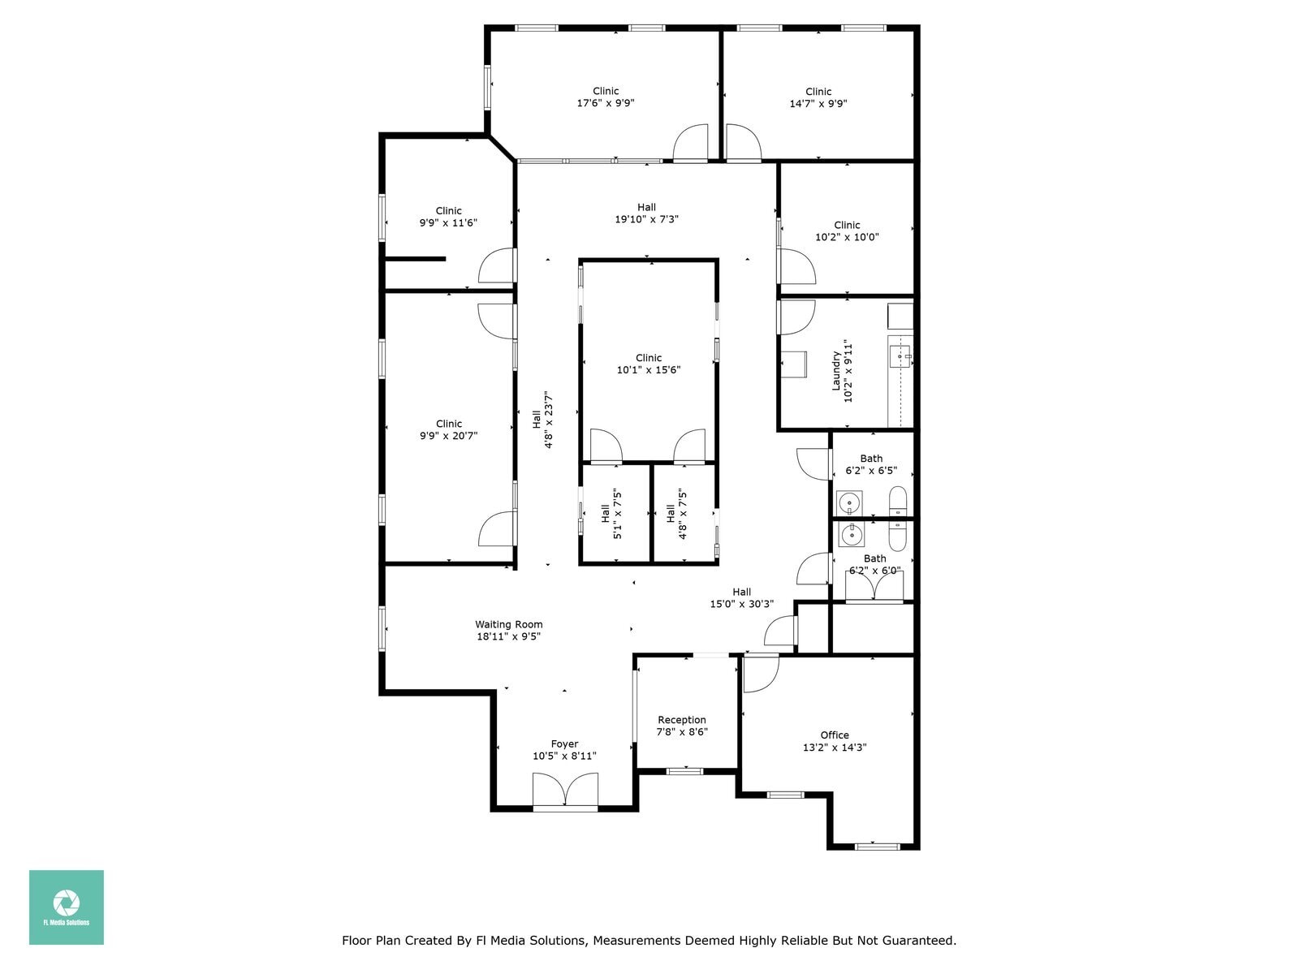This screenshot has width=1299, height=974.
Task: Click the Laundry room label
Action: [x=842, y=371]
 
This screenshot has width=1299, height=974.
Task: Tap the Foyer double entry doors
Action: [x=565, y=791]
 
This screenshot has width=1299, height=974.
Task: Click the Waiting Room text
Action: [x=509, y=625]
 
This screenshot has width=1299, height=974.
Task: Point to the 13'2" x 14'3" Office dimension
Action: [x=835, y=748]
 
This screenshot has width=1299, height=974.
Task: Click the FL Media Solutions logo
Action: [x=67, y=907]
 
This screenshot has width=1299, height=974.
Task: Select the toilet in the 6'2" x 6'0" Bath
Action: [x=898, y=537]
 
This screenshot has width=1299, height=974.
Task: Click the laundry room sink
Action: [x=901, y=355]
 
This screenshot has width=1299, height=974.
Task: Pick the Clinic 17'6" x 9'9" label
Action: [x=606, y=97]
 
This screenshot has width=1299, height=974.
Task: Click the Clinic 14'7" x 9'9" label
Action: [x=818, y=97]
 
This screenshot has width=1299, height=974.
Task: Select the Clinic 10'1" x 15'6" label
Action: [x=649, y=364]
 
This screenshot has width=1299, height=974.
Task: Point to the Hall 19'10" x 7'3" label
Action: [x=646, y=213]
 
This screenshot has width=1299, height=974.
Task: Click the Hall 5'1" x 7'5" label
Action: [x=611, y=514]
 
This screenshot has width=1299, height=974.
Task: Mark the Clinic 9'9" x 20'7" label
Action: [x=448, y=429]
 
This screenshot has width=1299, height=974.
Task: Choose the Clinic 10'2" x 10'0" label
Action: [x=847, y=231]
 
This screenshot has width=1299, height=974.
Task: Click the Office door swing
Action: [x=760, y=674]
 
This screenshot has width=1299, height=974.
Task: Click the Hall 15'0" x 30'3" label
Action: [x=741, y=598]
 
